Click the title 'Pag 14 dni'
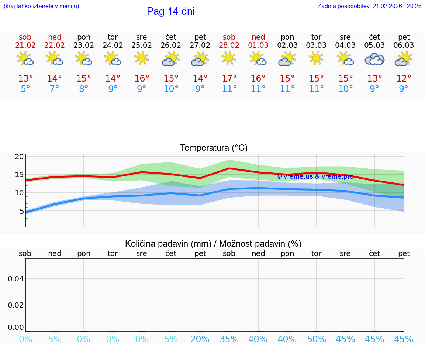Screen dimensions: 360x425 170,11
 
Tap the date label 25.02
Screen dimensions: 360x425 142,45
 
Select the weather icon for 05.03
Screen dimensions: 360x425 374,59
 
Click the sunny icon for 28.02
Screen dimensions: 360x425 229,58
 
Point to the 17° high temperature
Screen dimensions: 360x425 229,79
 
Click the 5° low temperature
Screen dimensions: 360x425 25,89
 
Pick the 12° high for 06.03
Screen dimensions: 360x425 404,79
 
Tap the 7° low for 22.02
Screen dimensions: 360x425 55,89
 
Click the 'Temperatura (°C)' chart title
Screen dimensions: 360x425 214,148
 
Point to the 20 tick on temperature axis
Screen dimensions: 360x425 19,157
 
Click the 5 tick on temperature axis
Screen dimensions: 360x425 21,211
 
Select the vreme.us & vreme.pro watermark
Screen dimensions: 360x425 315,176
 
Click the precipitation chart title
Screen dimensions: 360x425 213,244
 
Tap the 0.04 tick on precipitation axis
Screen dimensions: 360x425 16,279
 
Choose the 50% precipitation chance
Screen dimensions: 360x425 317,339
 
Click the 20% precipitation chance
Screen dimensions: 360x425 200,339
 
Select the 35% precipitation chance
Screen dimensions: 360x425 229,339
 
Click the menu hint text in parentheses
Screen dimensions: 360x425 41,6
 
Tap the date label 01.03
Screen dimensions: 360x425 258,45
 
